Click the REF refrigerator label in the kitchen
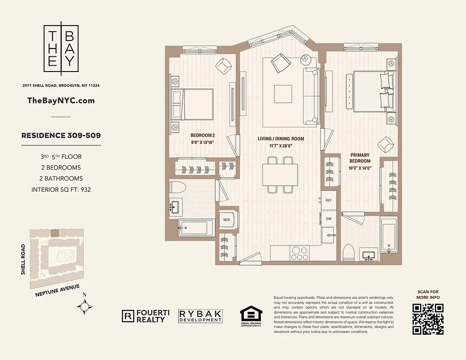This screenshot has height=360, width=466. (x=329, y=200)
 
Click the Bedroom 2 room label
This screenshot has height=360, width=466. (x=203, y=135)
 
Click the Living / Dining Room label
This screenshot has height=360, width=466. (x=281, y=139)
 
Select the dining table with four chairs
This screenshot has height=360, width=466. (x=280, y=174)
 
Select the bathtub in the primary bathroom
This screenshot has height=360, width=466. (x=389, y=235)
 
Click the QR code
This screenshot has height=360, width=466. (x=428, y=319)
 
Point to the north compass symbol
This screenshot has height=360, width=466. (x=85, y=306)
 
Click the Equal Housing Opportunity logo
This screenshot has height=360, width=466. (x=250, y=316)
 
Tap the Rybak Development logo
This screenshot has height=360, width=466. (x=200, y=316)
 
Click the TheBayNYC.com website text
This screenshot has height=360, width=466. (x=61, y=100)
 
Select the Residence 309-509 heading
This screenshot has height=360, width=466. (x=61, y=135)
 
